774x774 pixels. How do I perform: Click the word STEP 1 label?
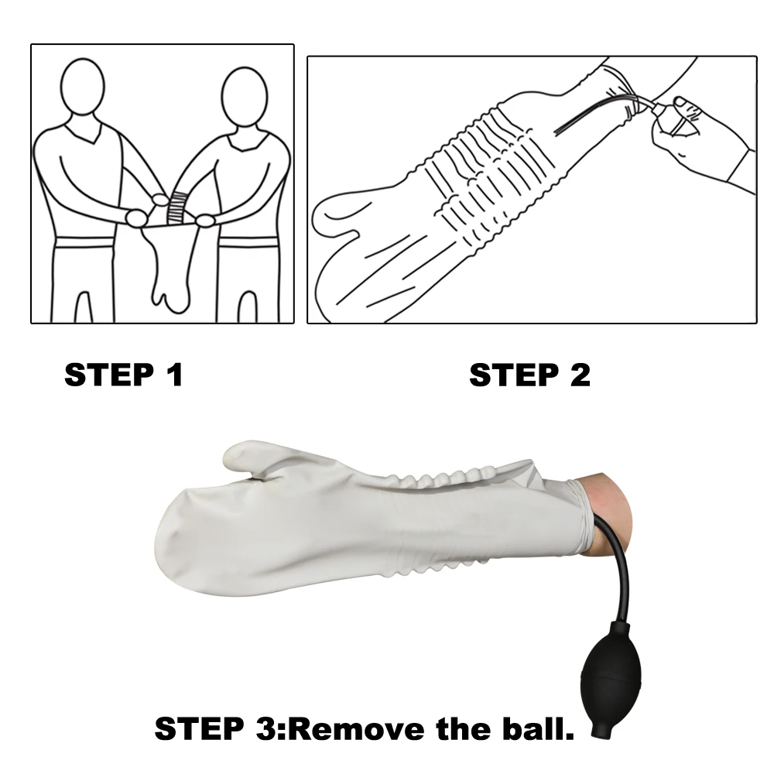coord(124,375)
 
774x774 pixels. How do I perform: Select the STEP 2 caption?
coord(529,375)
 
